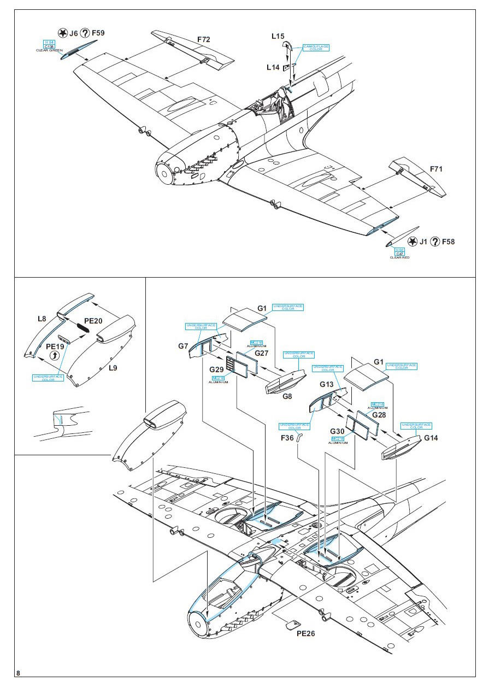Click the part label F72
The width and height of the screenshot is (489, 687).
tap(203, 39)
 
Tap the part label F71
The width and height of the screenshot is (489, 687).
tap(435, 169)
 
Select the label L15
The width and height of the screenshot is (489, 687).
tap(278, 37)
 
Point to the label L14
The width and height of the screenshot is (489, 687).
tap(273, 67)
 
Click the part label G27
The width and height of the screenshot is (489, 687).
tap(262, 353)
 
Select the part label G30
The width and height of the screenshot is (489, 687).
tap(337, 431)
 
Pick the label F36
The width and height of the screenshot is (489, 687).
tap(287, 437)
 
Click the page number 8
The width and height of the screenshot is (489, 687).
tap(19, 672)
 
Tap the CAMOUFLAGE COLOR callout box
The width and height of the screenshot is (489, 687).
tap(316, 48)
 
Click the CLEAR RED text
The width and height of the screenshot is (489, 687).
tap(399, 257)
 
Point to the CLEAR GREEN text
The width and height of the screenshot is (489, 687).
tap(50, 50)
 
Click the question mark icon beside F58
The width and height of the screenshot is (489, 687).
tap(435, 242)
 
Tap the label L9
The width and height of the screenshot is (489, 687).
tap(113, 368)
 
